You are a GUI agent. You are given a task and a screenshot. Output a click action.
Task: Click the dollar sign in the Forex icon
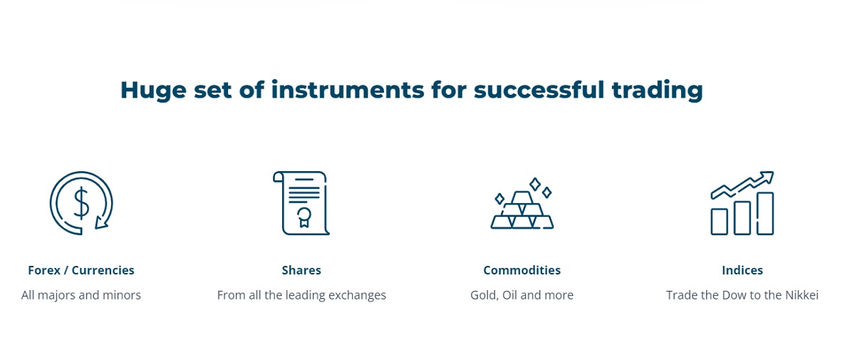pos(81,204)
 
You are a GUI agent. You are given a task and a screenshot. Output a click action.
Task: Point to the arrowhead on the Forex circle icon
pos(102,223)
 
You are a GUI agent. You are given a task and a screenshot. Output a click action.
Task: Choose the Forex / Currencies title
pos(81,270)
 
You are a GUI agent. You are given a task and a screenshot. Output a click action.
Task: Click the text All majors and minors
pos(81,295)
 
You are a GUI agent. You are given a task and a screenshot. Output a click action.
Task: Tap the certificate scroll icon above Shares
pos(301,203)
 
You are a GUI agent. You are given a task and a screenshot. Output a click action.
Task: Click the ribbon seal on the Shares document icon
pos(304,216)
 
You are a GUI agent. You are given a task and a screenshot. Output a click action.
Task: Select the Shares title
pos(301,270)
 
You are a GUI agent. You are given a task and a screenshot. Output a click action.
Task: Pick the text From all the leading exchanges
pos(301,295)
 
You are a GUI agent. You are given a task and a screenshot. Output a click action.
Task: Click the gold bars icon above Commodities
pos(522,211)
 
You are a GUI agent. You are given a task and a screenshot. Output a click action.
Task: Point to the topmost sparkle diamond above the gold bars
pos(535,184)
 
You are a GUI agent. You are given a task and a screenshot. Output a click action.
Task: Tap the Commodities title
pos(522,270)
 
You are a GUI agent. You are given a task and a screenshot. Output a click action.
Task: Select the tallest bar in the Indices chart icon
pos(765,213)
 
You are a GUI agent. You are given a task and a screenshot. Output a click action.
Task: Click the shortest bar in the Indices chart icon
pos(720,222)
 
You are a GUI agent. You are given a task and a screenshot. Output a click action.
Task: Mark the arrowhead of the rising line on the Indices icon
pos(767,175)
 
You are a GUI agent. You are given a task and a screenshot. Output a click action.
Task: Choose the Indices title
pos(742,270)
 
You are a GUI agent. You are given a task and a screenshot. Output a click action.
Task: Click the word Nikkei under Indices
pos(801,295)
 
